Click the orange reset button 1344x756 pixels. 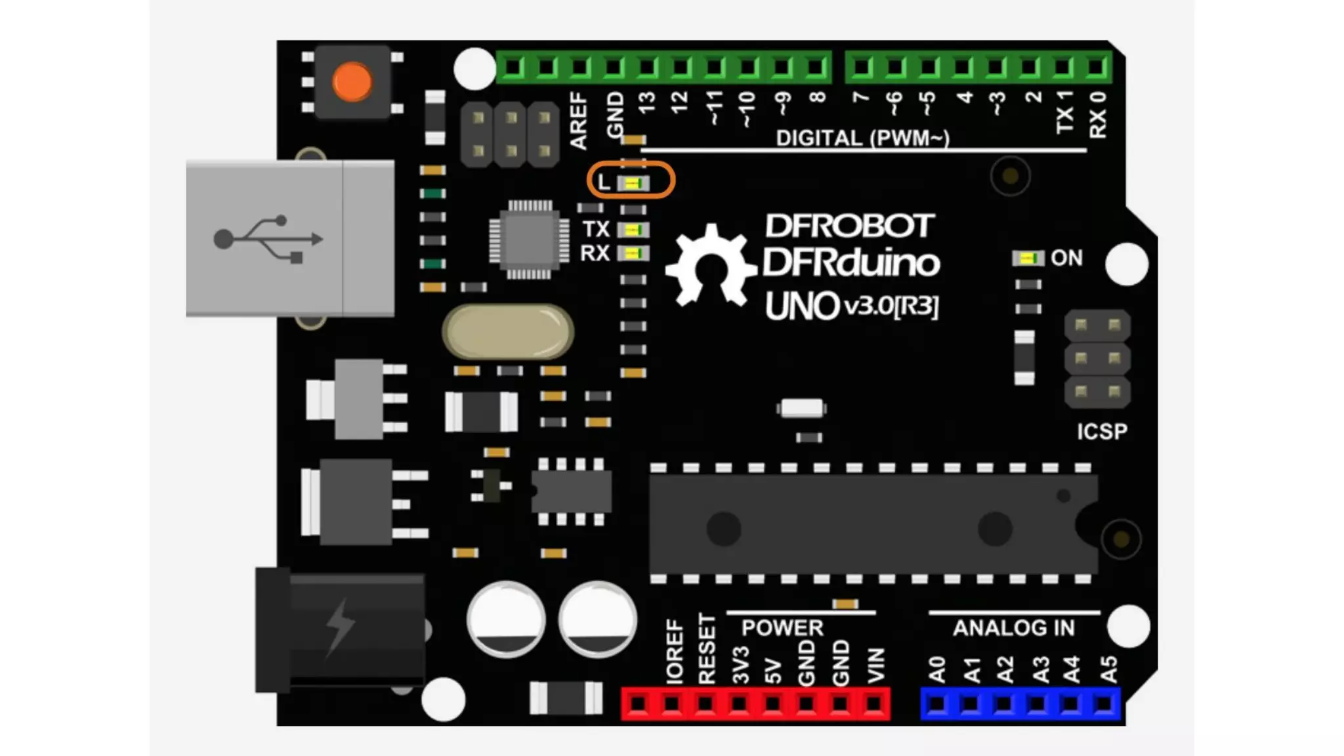point(352,82)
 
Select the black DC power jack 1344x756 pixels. point(341,630)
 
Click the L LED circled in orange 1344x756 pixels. point(633,183)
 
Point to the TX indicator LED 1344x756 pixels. point(633,230)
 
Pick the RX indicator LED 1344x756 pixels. point(633,253)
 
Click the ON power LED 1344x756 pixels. point(1028,259)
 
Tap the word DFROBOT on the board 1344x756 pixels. point(849,226)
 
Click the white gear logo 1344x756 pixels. point(710,266)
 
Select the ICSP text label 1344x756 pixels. point(1102,431)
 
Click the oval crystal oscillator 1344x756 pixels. point(508,331)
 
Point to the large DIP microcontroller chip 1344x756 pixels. point(873,524)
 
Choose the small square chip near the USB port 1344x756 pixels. point(529,240)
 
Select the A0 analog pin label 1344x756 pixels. point(937,669)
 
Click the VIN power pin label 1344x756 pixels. point(876,665)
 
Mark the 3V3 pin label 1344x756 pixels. point(740,665)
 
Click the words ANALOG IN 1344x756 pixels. point(1013,628)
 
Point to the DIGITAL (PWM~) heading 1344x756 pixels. point(862,138)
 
